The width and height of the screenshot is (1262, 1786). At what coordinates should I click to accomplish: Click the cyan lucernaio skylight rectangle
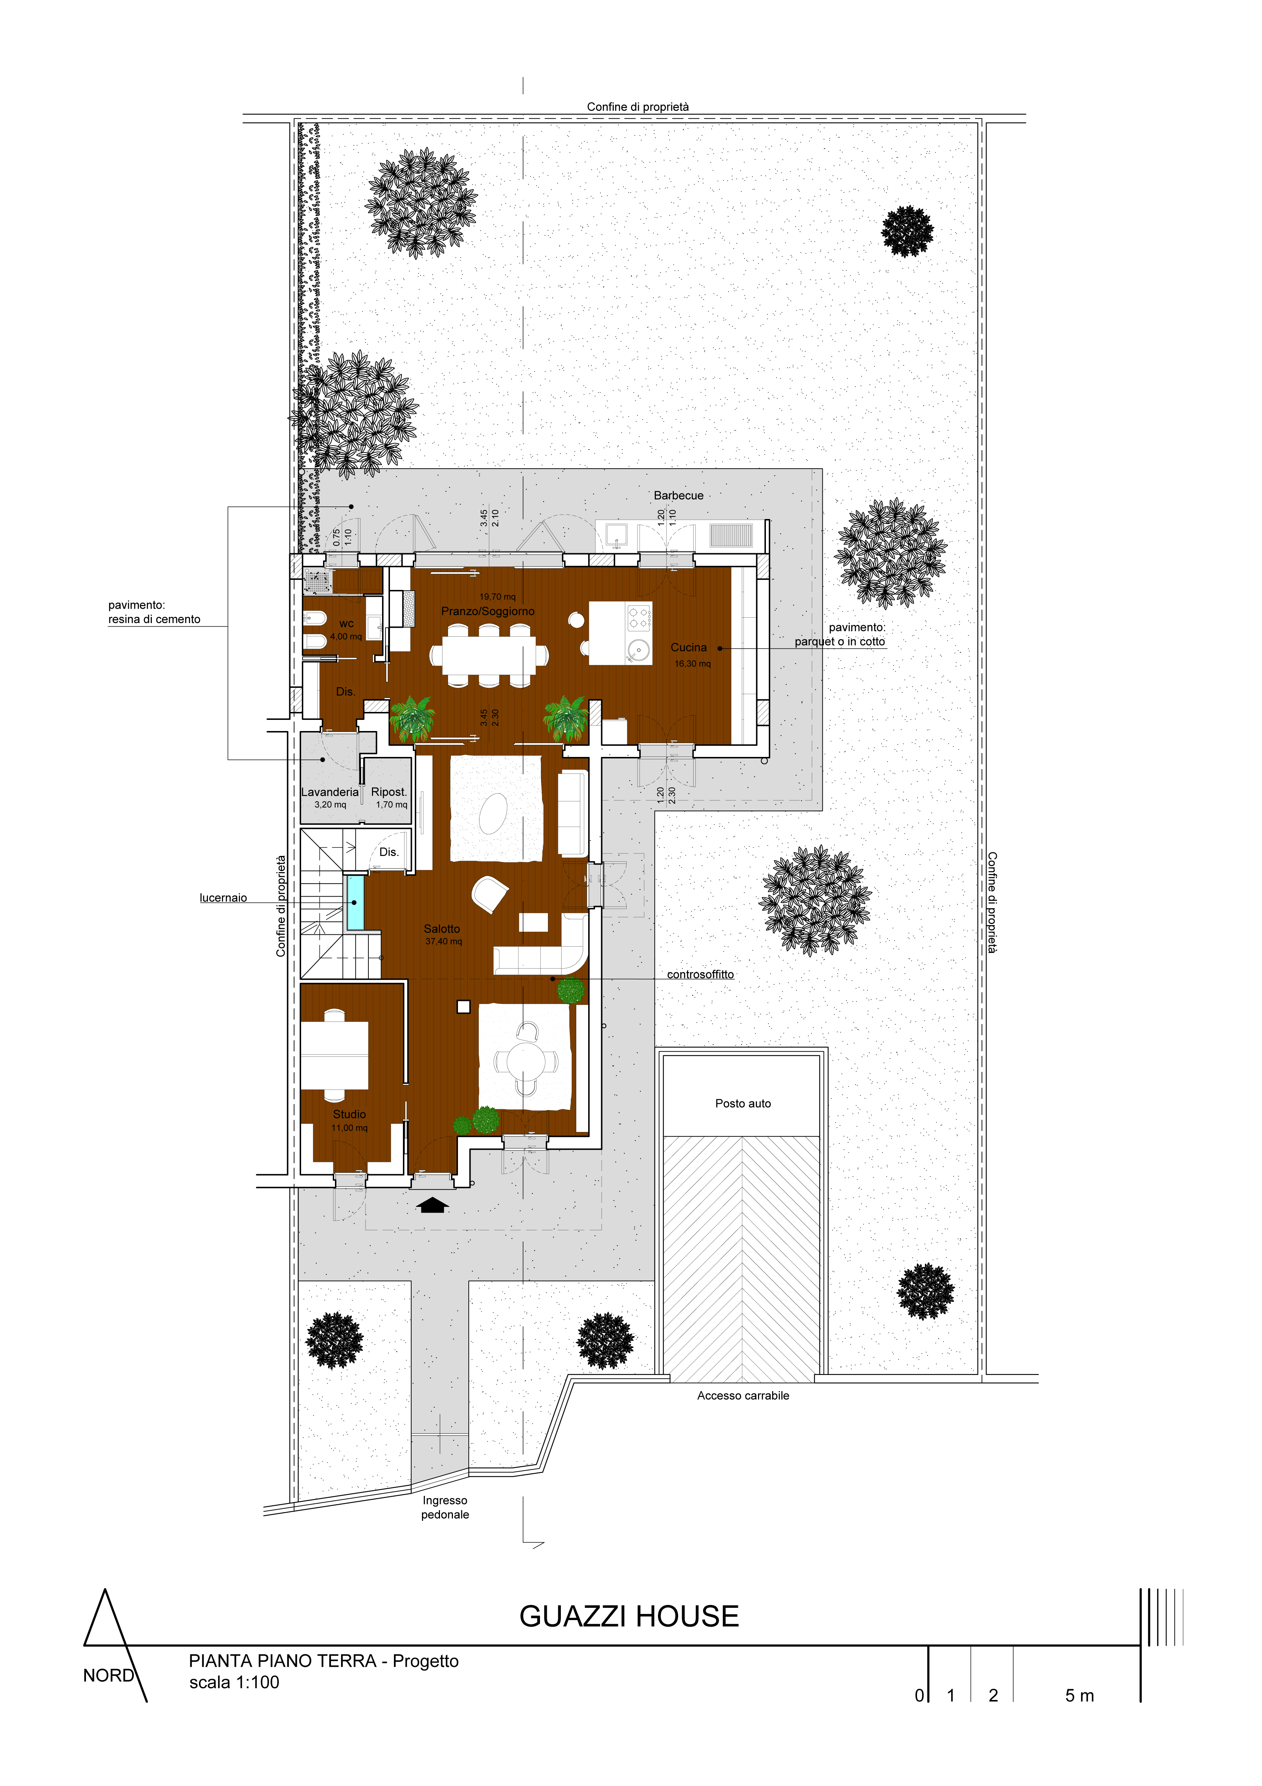[x=355, y=902]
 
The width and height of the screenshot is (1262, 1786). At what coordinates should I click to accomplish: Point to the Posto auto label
[x=743, y=1103]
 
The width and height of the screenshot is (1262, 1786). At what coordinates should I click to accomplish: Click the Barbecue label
[x=678, y=496]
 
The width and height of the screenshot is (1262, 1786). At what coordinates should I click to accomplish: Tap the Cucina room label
[x=689, y=647]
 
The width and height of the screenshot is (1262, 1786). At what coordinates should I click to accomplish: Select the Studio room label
[x=349, y=1114]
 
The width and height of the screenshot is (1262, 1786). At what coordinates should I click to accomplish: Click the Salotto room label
[x=442, y=929]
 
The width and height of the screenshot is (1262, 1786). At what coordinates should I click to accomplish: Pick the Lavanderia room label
[x=330, y=792]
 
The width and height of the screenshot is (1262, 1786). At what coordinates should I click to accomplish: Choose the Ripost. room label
[x=389, y=792]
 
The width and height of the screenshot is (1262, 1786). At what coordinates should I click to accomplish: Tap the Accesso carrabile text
[x=743, y=1395]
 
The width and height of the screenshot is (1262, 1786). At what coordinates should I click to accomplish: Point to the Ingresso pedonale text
[x=445, y=1507]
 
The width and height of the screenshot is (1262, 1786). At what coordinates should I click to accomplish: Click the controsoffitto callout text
[x=700, y=974]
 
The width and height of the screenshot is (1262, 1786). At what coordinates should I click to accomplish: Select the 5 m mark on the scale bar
[x=1079, y=1696]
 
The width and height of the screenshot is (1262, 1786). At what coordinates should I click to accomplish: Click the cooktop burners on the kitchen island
[x=639, y=618]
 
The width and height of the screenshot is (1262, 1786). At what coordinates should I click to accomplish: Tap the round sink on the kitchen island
[x=639, y=649]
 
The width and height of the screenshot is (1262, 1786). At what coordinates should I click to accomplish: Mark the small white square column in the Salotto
[x=463, y=1007]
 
